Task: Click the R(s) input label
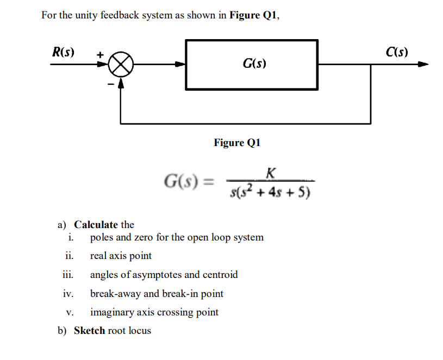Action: pyautogui.click(x=64, y=52)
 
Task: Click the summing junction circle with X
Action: pyautogui.click(x=121, y=65)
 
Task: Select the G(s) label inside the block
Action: pyautogui.click(x=254, y=65)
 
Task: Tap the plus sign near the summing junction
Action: pyautogui.click(x=99, y=55)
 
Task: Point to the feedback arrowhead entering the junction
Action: pyautogui.click(x=121, y=83)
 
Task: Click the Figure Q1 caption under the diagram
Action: pyautogui.click(x=237, y=143)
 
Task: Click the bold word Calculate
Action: pyautogui.click(x=96, y=224)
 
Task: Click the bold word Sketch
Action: pyautogui.click(x=90, y=330)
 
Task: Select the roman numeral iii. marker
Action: pyautogui.click(x=68, y=275)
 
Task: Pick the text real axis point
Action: pyautogui.click(x=121, y=256)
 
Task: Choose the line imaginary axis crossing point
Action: pyautogui.click(x=154, y=312)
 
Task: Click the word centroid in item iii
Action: pyautogui.click(x=220, y=275)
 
